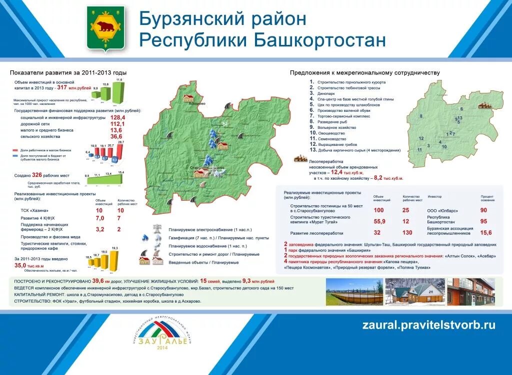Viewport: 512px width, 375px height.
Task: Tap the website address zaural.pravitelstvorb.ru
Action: tap(428, 325)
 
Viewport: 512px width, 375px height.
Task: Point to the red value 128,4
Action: tap(117, 117)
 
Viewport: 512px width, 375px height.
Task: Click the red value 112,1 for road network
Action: tap(117, 124)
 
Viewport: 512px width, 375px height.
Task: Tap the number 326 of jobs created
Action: tap(37, 175)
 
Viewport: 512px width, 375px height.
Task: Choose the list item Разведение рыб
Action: tap(332, 122)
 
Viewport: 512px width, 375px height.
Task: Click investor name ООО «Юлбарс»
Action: tap(441, 210)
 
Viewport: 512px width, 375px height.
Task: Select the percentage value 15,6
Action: tap(485, 232)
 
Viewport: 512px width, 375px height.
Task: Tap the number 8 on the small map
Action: tap(421, 116)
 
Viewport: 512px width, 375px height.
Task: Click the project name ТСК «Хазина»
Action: tap(31, 210)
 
